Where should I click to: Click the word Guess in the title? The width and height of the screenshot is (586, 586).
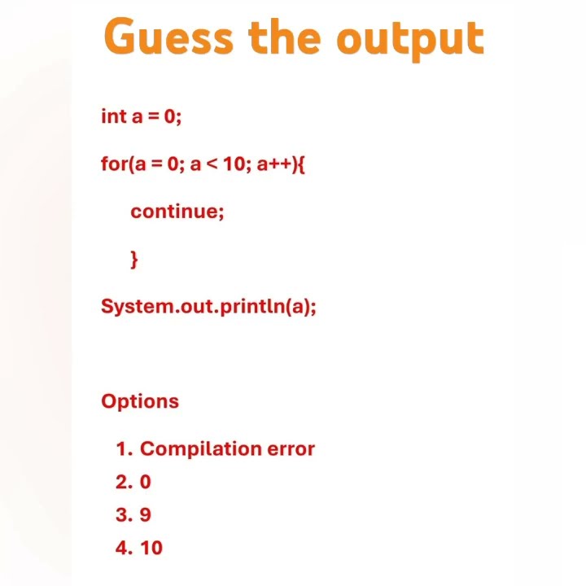click(x=168, y=37)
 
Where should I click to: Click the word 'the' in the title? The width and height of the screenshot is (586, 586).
click(x=286, y=37)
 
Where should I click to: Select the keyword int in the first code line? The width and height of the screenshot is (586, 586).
click(x=112, y=116)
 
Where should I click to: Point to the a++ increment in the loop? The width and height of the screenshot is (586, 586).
click(x=274, y=164)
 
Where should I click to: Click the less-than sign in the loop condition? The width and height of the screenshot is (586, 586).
click(x=212, y=164)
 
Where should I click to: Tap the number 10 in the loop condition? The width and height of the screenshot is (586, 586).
click(x=234, y=164)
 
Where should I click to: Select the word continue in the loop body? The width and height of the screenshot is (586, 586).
click(x=176, y=212)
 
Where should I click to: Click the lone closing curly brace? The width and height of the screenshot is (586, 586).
click(x=134, y=259)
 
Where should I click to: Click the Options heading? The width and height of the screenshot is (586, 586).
click(x=140, y=401)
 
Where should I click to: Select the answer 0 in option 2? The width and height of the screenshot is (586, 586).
click(x=146, y=482)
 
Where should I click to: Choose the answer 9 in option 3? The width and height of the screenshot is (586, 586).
click(x=146, y=515)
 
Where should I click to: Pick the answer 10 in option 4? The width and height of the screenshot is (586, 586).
click(x=151, y=548)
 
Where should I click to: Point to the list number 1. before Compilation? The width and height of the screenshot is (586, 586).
click(x=124, y=448)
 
